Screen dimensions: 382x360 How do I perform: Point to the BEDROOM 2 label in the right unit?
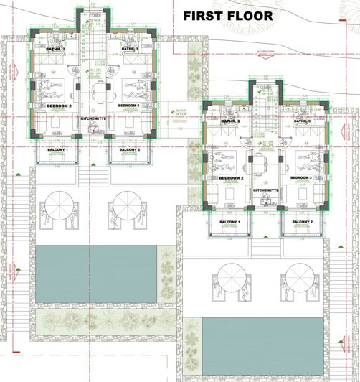(x=232, y=177)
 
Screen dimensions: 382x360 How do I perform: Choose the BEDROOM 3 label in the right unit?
(x=299, y=177)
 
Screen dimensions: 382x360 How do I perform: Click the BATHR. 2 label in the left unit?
(x=55, y=50)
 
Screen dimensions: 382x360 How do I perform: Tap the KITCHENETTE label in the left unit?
(x=94, y=117)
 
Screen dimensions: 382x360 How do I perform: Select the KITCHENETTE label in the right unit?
(x=266, y=190)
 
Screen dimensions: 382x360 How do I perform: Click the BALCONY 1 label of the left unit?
(x=57, y=149)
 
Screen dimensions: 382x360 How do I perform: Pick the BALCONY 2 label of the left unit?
(x=128, y=149)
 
